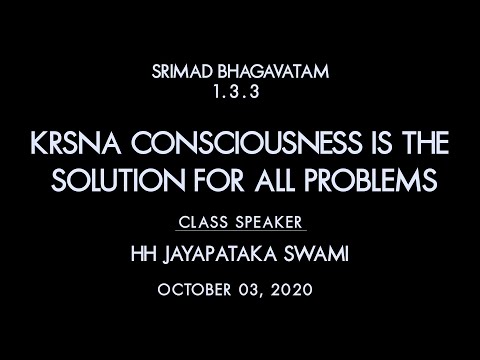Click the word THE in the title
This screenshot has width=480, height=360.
point(426,148)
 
